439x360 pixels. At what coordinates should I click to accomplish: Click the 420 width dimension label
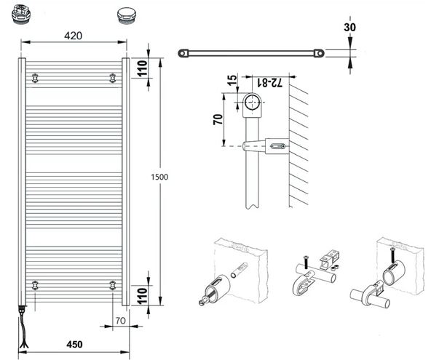point(73,36)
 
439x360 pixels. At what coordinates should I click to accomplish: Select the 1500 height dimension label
point(159,177)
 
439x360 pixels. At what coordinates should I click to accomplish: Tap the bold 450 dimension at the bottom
point(74,344)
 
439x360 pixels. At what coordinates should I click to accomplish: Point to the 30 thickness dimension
point(349,28)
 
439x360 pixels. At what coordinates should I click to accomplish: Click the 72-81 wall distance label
point(269,82)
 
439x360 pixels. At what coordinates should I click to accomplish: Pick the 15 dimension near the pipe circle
point(232,80)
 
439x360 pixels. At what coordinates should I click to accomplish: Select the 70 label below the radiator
point(121,321)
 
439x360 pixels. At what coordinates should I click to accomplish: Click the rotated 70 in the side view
point(218,119)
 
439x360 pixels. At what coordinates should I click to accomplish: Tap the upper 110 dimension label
point(142,68)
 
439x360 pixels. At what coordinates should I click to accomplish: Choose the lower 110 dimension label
point(142,296)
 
